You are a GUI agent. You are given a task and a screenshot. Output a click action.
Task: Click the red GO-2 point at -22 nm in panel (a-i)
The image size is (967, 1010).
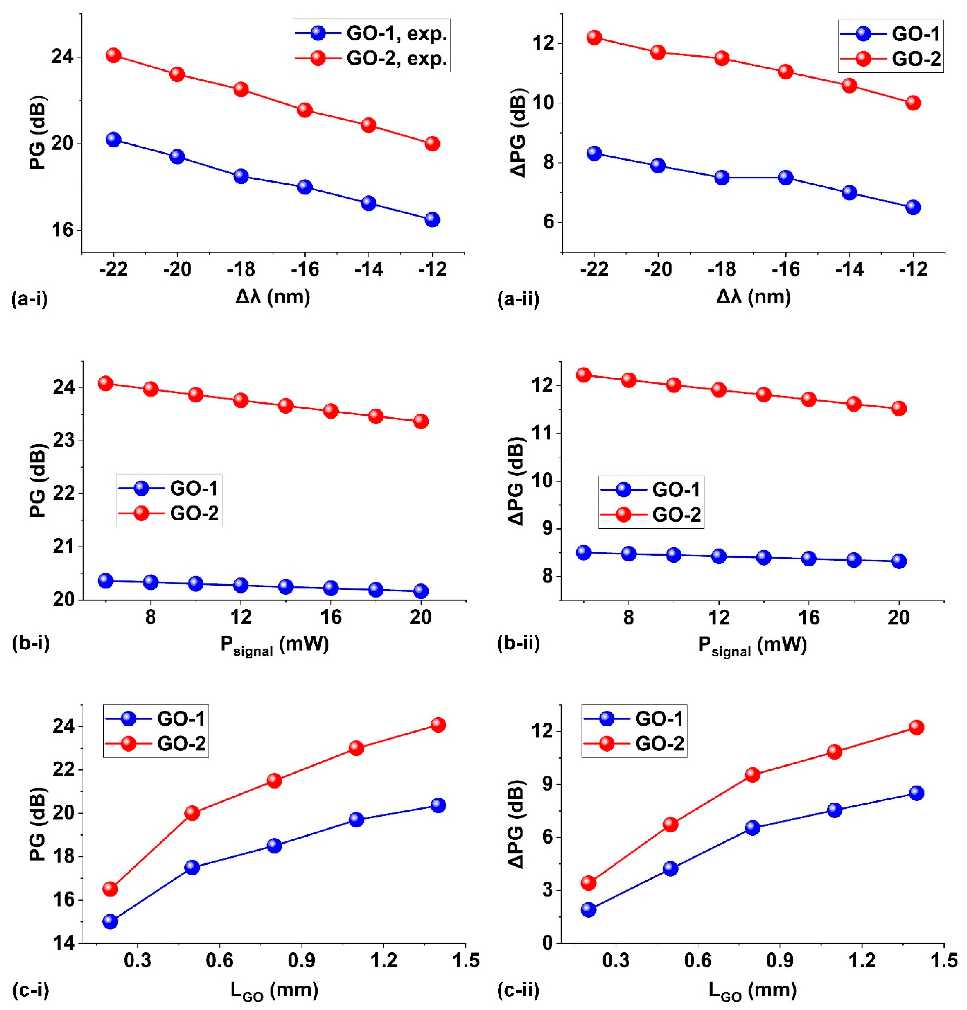pyautogui.click(x=113, y=55)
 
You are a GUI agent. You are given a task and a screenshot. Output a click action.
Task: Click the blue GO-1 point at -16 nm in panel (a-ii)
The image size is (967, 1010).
pyautogui.click(x=785, y=177)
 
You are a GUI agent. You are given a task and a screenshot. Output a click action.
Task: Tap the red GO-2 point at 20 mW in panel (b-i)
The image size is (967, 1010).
pyautogui.click(x=421, y=421)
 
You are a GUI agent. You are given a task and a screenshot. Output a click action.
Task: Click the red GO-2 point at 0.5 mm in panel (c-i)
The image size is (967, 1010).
pyautogui.click(x=192, y=813)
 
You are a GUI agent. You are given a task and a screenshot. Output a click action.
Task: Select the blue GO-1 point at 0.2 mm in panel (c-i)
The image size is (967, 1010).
pyautogui.click(x=110, y=921)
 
